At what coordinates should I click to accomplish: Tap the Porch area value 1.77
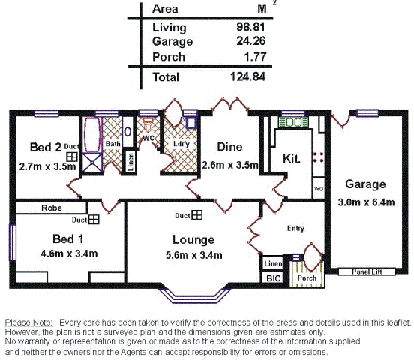point(256,57)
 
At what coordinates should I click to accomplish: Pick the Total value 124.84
point(249,76)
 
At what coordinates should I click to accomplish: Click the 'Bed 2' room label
point(46,146)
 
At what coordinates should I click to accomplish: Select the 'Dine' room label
point(229,146)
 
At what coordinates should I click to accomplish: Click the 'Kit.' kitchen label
point(292,159)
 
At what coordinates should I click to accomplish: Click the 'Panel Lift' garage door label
point(367,271)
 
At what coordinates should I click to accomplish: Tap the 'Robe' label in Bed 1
point(51,208)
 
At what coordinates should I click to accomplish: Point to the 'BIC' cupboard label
point(271,278)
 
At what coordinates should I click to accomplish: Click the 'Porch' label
point(307,277)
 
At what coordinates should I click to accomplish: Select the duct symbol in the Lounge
point(196,216)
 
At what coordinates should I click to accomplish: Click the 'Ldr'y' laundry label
point(180,143)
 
